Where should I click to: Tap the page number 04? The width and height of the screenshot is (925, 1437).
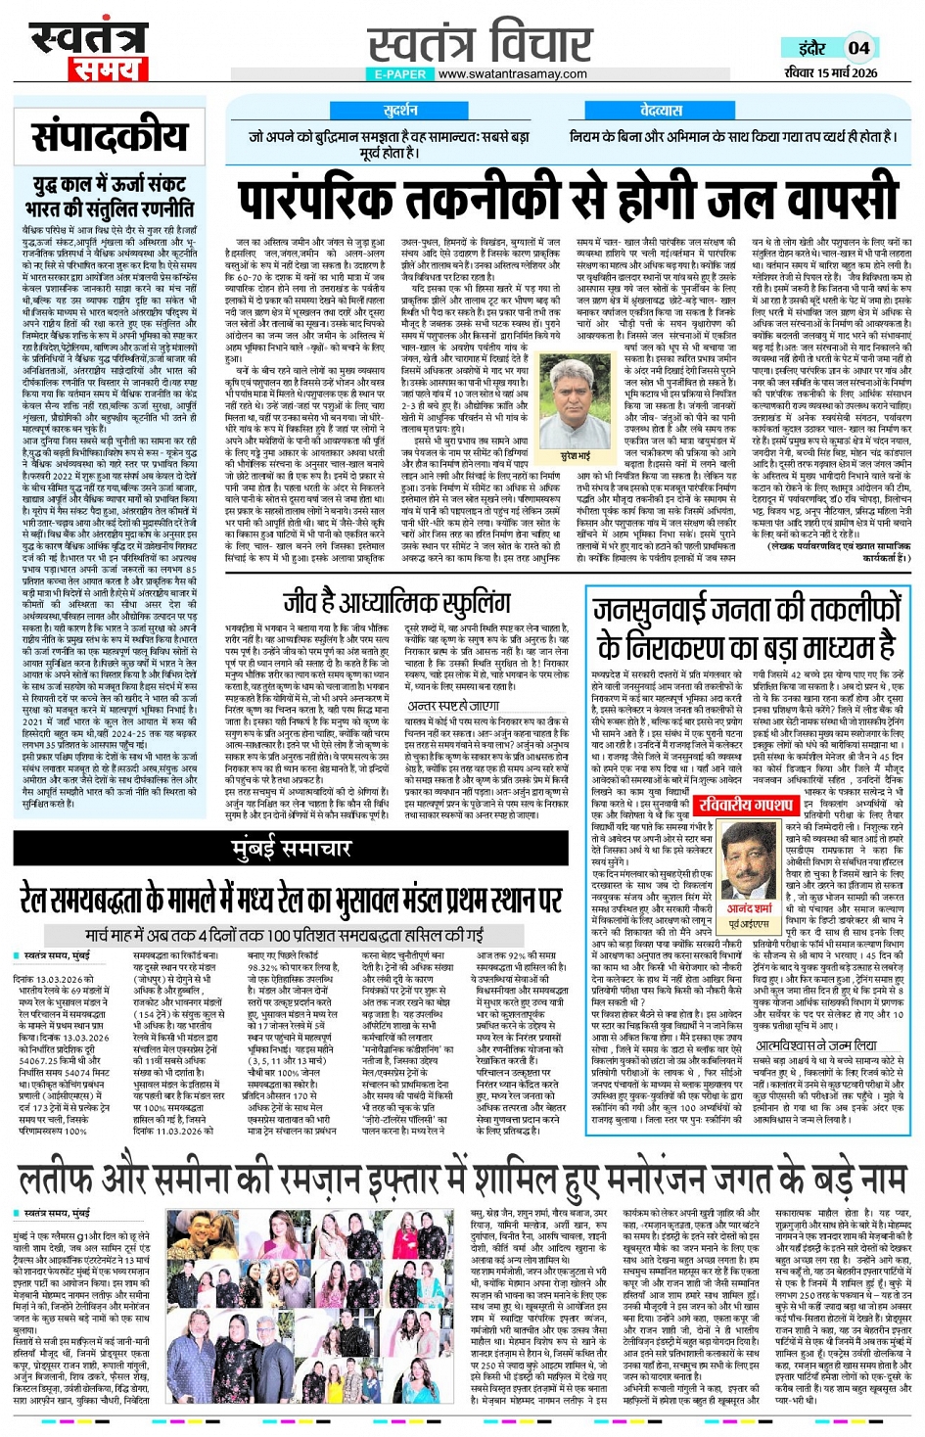(858, 48)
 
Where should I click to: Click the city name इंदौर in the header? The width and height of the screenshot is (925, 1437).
(811, 48)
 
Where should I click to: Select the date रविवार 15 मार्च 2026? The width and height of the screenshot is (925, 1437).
(830, 72)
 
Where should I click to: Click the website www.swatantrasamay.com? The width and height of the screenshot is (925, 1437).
(513, 74)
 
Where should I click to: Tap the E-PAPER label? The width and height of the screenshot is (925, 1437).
(400, 74)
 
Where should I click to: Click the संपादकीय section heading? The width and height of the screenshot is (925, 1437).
(109, 137)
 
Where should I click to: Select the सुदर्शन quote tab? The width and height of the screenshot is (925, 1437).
(400, 110)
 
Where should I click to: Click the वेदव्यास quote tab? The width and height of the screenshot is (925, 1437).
(661, 110)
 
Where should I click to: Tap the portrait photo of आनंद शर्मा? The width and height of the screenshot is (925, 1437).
(748, 861)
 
